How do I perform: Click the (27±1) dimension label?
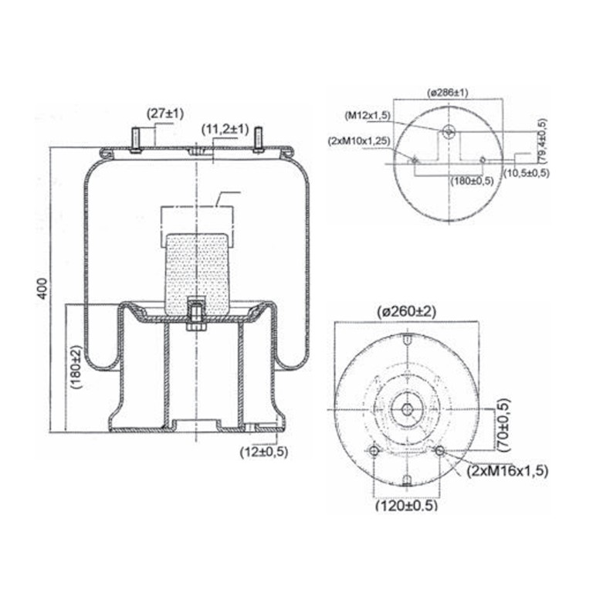(165, 114)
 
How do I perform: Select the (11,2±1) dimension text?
(225, 130)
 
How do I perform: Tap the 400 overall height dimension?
(42, 289)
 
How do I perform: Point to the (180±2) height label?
(76, 367)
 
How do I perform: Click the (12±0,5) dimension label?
(264, 452)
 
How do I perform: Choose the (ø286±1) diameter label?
(447, 93)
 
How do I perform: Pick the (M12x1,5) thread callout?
(368, 116)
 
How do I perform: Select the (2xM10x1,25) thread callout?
(359, 141)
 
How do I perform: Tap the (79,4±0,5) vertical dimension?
(542, 141)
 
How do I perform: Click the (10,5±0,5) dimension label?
(527, 173)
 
